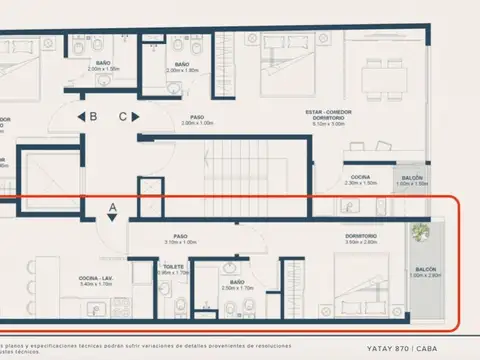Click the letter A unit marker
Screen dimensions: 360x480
(x=113, y=209)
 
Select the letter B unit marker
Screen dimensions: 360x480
(x=93, y=116)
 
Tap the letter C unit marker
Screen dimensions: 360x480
(x=123, y=116)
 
